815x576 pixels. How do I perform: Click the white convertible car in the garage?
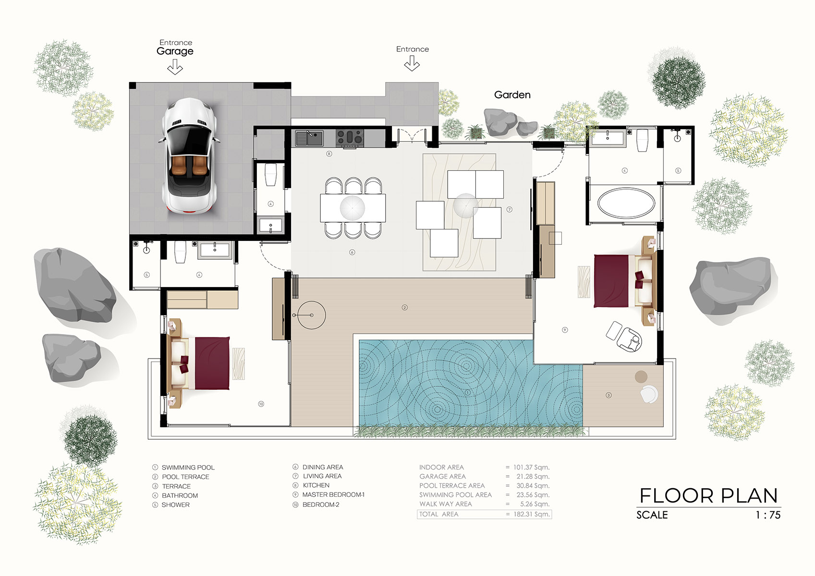(189, 156)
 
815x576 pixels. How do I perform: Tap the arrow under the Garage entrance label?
(175, 67)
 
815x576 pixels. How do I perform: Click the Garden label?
(512, 95)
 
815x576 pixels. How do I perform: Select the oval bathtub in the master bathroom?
(625, 203)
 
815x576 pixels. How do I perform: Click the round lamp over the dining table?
(353, 208)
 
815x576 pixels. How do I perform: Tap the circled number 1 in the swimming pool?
(467, 392)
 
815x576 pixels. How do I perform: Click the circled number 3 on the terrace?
(608, 395)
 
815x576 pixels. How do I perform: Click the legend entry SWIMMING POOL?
(188, 468)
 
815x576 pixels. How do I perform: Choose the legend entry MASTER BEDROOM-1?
(333, 495)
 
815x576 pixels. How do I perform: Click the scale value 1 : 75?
(767, 515)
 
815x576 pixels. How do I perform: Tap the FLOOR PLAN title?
(708, 496)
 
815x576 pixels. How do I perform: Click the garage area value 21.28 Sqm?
(533, 477)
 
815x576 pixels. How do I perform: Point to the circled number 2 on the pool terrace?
(404, 307)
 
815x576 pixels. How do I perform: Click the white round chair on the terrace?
(649, 394)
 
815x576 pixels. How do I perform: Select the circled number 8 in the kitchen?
(329, 154)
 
